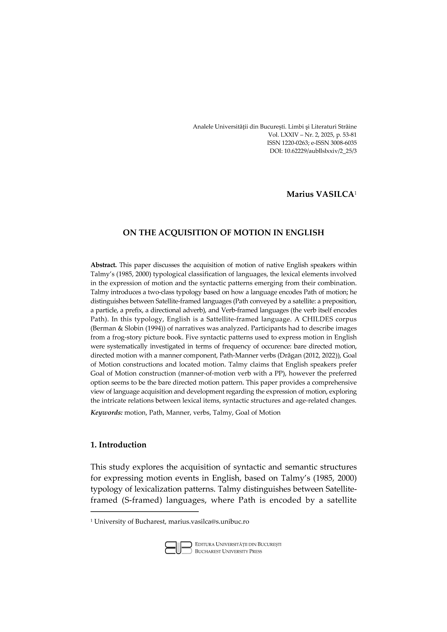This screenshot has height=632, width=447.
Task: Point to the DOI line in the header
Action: point(313,151)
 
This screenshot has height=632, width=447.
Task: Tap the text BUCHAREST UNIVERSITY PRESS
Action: point(228,551)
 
